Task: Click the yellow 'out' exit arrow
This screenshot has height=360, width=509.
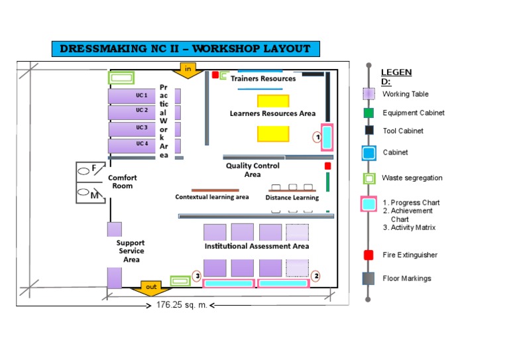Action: [x=152, y=288]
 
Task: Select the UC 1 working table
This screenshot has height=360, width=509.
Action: [x=133, y=96]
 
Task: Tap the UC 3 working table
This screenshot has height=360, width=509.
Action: [x=133, y=128]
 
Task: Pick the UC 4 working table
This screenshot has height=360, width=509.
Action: [x=133, y=145]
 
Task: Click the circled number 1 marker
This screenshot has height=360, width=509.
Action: [x=317, y=137]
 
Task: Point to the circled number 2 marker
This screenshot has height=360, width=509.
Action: [x=316, y=275]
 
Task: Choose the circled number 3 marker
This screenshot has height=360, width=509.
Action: [x=196, y=275]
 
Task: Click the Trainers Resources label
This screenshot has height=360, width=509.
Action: [x=263, y=79]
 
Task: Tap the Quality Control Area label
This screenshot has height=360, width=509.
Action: [x=253, y=170]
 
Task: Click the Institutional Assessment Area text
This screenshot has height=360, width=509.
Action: [x=256, y=246]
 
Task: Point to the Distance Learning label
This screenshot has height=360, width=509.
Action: [x=292, y=198]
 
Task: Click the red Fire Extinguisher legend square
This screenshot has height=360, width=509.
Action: [x=368, y=255]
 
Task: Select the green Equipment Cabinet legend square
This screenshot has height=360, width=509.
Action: [x=368, y=113]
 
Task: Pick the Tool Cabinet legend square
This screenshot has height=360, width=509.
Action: [x=368, y=131]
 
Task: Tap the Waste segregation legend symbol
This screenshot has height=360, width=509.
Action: [x=368, y=178]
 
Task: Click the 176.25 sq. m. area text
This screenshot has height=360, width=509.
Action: [x=182, y=305]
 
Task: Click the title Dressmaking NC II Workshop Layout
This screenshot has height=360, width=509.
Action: [x=186, y=49]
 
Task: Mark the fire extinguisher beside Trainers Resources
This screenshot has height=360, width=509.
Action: [x=215, y=75]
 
